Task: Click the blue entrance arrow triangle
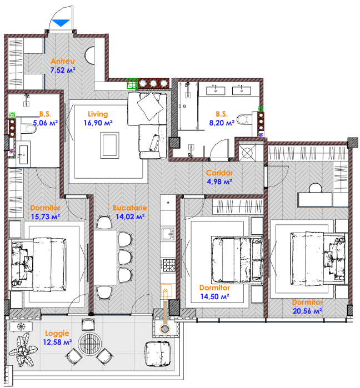[61, 23]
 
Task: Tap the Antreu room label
[63, 61]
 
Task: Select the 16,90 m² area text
[98, 123]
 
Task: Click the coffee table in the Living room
[109, 145]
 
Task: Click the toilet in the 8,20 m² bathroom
[244, 119]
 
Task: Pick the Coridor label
[219, 173]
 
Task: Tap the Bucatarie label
[130, 208]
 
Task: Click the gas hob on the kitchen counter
[169, 265]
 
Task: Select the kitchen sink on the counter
[168, 234]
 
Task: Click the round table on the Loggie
[89, 344]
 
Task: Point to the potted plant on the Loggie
[23, 350]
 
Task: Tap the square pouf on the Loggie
[157, 354]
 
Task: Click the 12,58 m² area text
[57, 342]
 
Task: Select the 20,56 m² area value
[307, 311]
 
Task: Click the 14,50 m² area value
[214, 296]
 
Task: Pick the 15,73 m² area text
[46, 216]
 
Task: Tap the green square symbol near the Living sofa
[132, 83]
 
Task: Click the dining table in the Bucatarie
[106, 258]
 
